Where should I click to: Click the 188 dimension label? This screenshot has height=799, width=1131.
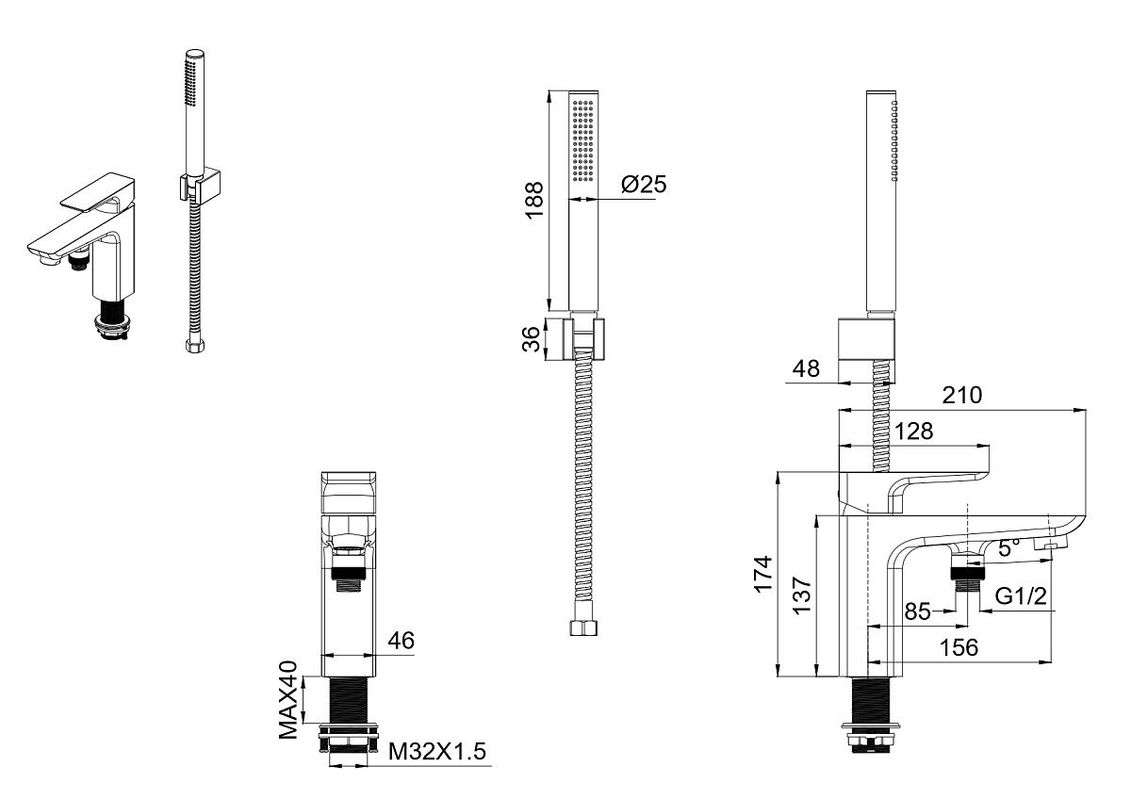pos(534,200)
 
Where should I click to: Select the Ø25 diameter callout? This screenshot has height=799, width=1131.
pos(644,185)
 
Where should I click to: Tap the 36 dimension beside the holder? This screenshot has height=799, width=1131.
pos(532,338)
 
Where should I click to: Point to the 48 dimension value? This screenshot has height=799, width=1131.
pos(806,369)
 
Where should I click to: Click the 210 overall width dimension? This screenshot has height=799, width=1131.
pos(962,395)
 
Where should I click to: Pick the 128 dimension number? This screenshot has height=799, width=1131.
pos(913,431)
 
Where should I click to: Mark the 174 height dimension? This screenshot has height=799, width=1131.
pos(762,574)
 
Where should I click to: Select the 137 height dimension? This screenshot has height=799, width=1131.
pos(802,595)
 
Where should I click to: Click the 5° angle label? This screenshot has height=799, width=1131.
pos(1008,547)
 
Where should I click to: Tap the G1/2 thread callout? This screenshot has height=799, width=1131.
pos(1021,596)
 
